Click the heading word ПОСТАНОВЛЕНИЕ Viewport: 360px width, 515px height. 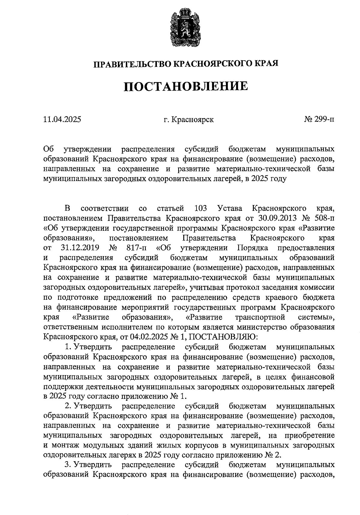(186, 86)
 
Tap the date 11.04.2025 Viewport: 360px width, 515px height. (62, 120)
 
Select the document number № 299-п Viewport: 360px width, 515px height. (319, 120)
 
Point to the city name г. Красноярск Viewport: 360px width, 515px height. (189, 120)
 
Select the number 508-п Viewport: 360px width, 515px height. (324, 218)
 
